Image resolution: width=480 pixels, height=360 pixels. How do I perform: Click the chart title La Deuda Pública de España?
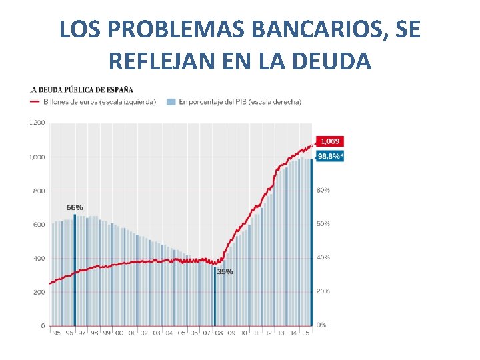tap(81, 89)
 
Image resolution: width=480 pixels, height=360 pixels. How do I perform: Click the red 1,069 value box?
tap(330, 141)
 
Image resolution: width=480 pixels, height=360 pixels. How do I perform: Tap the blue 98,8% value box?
tap(330, 156)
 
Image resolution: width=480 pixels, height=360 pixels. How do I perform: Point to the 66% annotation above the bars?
tap(75, 208)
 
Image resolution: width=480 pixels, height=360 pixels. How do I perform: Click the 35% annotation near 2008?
tap(225, 271)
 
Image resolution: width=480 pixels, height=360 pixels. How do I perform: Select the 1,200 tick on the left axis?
tap(37, 123)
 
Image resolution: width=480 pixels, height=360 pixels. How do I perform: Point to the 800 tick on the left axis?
tap(39, 191)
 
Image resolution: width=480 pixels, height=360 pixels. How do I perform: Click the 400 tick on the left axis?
tap(39, 258)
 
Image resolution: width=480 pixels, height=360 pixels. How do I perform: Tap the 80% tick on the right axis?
tap(323, 191)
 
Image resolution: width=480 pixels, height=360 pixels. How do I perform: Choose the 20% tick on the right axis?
tap(323, 291)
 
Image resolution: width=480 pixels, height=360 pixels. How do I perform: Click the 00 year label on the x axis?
tap(119, 333)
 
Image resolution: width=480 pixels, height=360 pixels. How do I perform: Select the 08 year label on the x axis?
tap(219, 333)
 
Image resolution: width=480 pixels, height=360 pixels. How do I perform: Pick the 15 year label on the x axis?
tap(306, 333)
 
